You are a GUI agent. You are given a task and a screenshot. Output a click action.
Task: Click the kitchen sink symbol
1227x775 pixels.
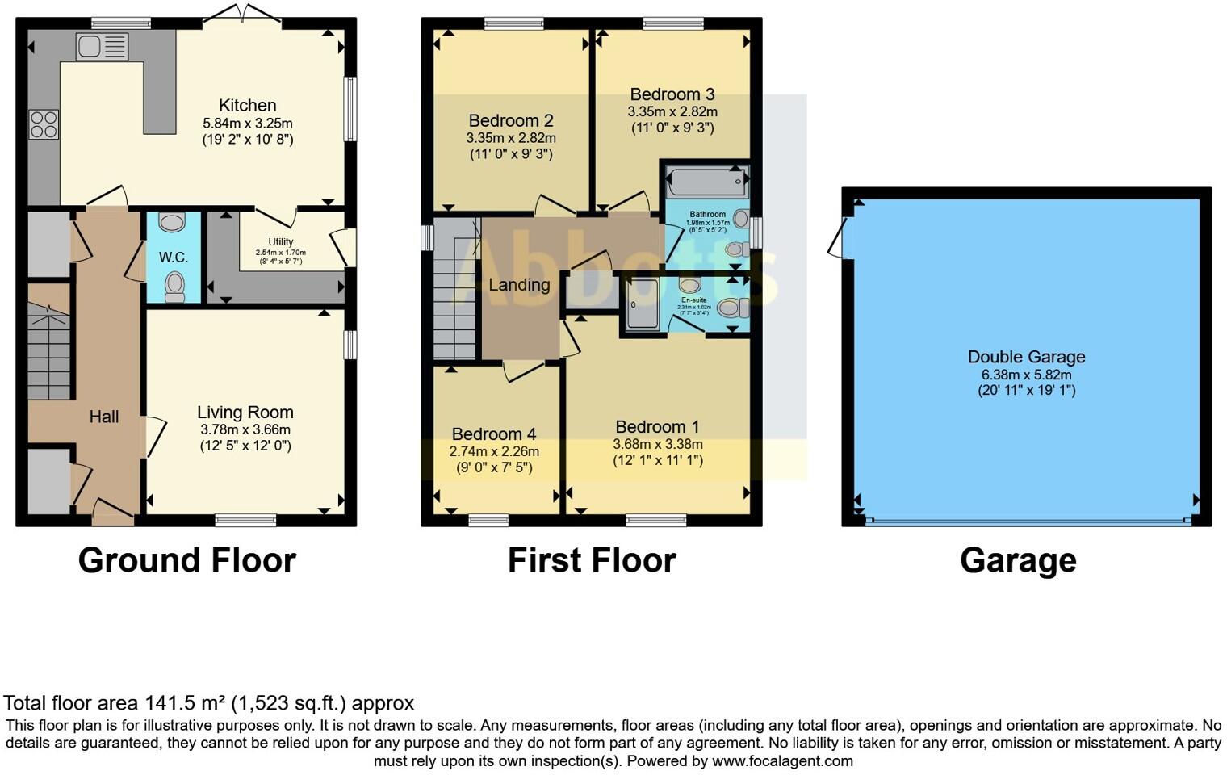(x=102, y=46)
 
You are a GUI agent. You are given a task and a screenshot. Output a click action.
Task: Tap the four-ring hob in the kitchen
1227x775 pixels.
(x=44, y=124)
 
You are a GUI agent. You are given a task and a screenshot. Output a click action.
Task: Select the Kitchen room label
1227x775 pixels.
(x=247, y=105)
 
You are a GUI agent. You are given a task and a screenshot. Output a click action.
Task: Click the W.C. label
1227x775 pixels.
(x=173, y=258)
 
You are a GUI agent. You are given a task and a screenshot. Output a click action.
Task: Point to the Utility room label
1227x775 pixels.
(x=280, y=241)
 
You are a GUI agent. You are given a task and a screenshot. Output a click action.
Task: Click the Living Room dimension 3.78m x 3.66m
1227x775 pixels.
(x=245, y=429)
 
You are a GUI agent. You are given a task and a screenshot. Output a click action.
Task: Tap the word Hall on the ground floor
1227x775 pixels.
(x=103, y=417)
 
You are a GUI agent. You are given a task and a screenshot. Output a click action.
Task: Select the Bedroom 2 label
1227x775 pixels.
(x=510, y=120)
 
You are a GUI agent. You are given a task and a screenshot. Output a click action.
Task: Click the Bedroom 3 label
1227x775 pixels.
(x=672, y=94)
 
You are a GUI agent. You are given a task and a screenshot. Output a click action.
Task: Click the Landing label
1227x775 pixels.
(x=519, y=284)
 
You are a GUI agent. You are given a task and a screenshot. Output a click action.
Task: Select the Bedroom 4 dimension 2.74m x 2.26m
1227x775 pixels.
(x=494, y=451)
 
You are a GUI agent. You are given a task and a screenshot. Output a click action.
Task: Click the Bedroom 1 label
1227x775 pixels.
(x=657, y=426)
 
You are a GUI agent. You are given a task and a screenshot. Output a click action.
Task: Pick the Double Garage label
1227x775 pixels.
(x=1026, y=357)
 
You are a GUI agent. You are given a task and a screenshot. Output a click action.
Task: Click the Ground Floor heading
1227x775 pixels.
(x=186, y=559)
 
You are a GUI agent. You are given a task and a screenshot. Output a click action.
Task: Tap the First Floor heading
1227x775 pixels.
(x=591, y=559)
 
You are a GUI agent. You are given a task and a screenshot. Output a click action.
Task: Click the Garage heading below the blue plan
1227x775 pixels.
(x=1018, y=559)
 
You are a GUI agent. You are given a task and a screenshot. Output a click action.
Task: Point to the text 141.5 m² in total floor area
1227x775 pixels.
(x=185, y=703)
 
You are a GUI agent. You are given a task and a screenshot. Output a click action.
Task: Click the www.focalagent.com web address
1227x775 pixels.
(x=782, y=760)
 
